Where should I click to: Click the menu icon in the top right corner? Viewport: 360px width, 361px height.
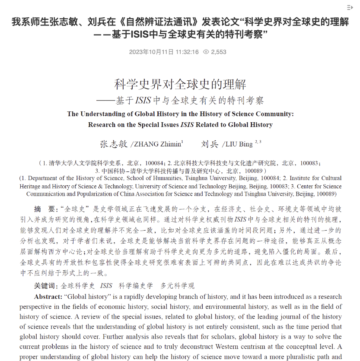pyautogui.click(x=350, y=7)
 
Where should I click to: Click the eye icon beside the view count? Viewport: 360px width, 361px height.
pyautogui.click(x=206, y=52)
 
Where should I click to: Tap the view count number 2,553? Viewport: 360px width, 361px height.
pyautogui.click(x=219, y=52)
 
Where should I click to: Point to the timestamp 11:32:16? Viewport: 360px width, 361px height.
pyautogui.click(x=187, y=52)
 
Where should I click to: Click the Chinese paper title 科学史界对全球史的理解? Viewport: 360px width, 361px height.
pyautogui.click(x=180, y=84)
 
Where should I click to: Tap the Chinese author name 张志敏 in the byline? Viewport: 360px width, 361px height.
pyautogui.click(x=113, y=144)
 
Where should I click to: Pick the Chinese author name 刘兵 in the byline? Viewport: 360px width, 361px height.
pyautogui.click(x=210, y=144)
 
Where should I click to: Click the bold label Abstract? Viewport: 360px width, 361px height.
pyautogui.click(x=49, y=297)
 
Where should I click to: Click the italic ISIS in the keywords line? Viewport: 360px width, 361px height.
pyautogui.click(x=106, y=285)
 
